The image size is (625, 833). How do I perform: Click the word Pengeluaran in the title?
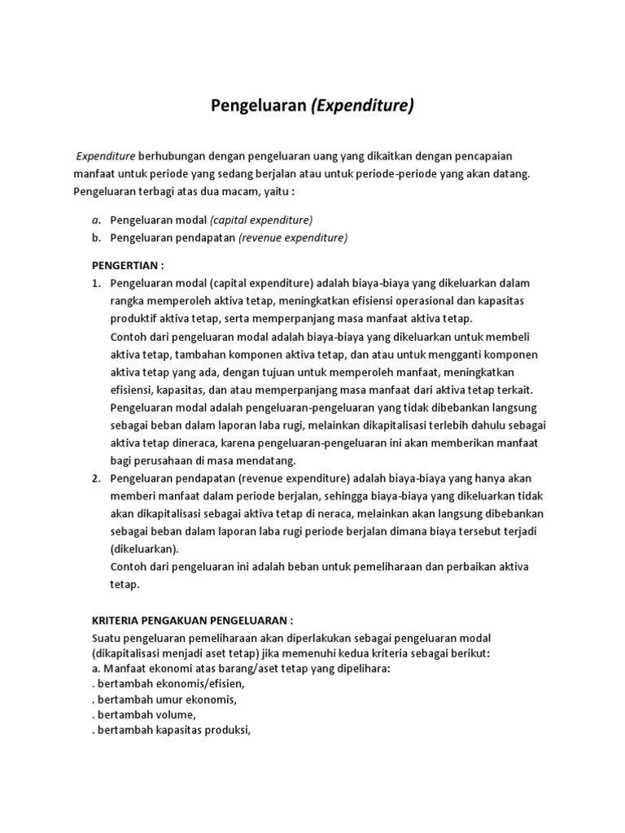pyautogui.click(x=259, y=106)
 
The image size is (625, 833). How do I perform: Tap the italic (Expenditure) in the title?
pyautogui.click(x=362, y=106)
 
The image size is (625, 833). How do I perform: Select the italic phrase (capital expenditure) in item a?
pyautogui.click(x=261, y=220)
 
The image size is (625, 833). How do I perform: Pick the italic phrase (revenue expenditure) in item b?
pyautogui.click(x=293, y=238)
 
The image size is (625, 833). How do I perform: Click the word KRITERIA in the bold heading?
pyautogui.click(x=116, y=620)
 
